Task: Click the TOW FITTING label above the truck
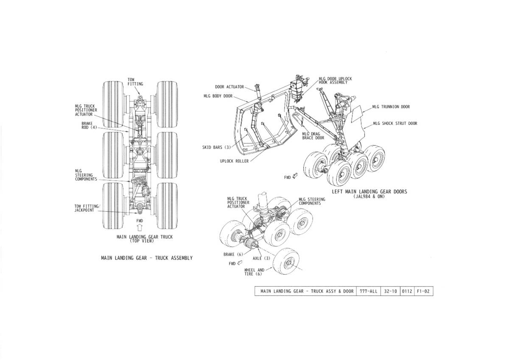[x=135, y=82]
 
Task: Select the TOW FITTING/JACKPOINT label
[x=87, y=208]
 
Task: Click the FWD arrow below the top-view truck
[x=140, y=227]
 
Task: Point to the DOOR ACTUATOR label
[x=229, y=87]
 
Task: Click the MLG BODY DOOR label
[x=218, y=96]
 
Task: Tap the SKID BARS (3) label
[x=216, y=147]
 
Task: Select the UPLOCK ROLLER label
[x=234, y=161]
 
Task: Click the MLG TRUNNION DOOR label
[x=391, y=107]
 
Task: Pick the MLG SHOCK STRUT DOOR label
[x=395, y=124]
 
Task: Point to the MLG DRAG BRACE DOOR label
[x=313, y=136]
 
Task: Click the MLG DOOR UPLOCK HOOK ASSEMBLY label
[x=335, y=81]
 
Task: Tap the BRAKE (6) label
[x=233, y=254]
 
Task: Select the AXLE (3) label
[x=261, y=259]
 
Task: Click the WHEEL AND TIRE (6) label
[x=254, y=272]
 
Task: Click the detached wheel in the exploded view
[x=286, y=262]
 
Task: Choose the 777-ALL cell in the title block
[x=368, y=291]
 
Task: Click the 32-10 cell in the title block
[x=390, y=291]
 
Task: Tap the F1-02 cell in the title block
[x=424, y=291]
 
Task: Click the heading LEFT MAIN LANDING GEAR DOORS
[x=369, y=192]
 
